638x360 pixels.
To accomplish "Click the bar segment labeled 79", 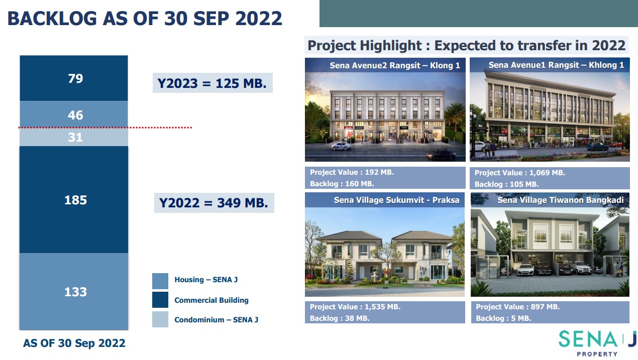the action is click(74, 78).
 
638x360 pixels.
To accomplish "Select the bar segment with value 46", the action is click(74, 114).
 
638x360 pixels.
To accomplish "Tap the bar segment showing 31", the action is click(74, 137).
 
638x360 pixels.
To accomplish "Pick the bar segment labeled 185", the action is click(74, 199).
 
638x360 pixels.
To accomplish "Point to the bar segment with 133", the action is click(74, 291).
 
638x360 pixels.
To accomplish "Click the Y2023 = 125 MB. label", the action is click(212, 83).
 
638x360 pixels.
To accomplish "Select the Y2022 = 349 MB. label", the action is click(214, 203).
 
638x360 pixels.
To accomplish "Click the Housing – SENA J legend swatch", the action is click(160, 281).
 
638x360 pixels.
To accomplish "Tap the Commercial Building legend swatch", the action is click(160, 300).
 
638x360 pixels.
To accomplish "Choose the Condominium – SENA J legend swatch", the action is click(160, 319).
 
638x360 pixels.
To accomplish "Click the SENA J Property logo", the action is click(597, 343).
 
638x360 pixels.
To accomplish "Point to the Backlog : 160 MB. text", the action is click(342, 184).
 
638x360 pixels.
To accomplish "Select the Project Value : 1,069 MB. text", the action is click(520, 173).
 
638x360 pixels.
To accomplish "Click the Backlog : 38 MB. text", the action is click(340, 318).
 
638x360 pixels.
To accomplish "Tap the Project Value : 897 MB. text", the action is click(518, 307).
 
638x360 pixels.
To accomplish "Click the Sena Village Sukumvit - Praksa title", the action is click(397, 200).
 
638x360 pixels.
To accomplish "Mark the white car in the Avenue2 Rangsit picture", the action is click(342, 146).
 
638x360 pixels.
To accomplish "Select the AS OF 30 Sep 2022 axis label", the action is click(74, 343).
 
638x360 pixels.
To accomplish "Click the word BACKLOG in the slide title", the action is click(52, 19).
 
